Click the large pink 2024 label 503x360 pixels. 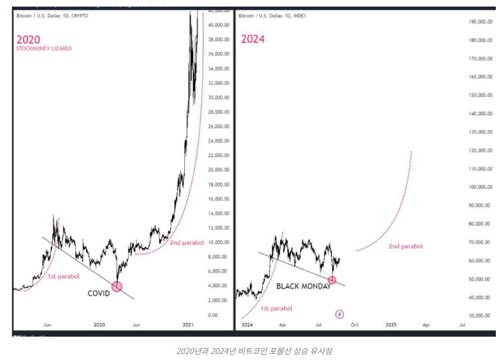[252, 39]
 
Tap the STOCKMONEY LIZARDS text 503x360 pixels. [44, 48]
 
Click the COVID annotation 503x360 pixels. [99, 294]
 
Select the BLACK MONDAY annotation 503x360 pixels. [303, 286]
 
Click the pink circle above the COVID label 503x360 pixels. [117, 287]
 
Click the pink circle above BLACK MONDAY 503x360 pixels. [332, 280]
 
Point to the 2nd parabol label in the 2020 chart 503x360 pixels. [187, 243]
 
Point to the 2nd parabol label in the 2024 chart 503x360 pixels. [406, 246]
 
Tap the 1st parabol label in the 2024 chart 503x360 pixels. [276, 309]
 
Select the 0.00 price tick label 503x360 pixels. [212, 315]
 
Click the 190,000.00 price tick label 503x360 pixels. [481, 22]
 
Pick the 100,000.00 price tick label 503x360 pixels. [481, 187]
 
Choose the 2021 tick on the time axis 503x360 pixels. [188, 325]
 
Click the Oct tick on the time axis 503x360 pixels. [355, 325]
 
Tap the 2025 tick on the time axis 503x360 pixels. [391, 325]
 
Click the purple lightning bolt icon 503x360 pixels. [340, 314]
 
